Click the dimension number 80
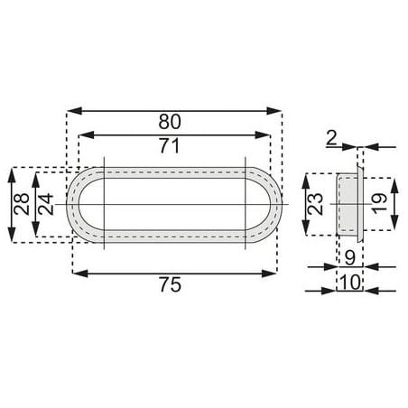(170, 122)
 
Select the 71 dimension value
(170, 145)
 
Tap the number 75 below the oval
(171, 284)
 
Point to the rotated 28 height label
(22, 204)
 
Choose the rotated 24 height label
(46, 204)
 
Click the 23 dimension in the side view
(316, 204)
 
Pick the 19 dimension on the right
(379, 204)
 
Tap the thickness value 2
(331, 139)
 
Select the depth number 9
(349, 258)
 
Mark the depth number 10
(350, 283)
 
